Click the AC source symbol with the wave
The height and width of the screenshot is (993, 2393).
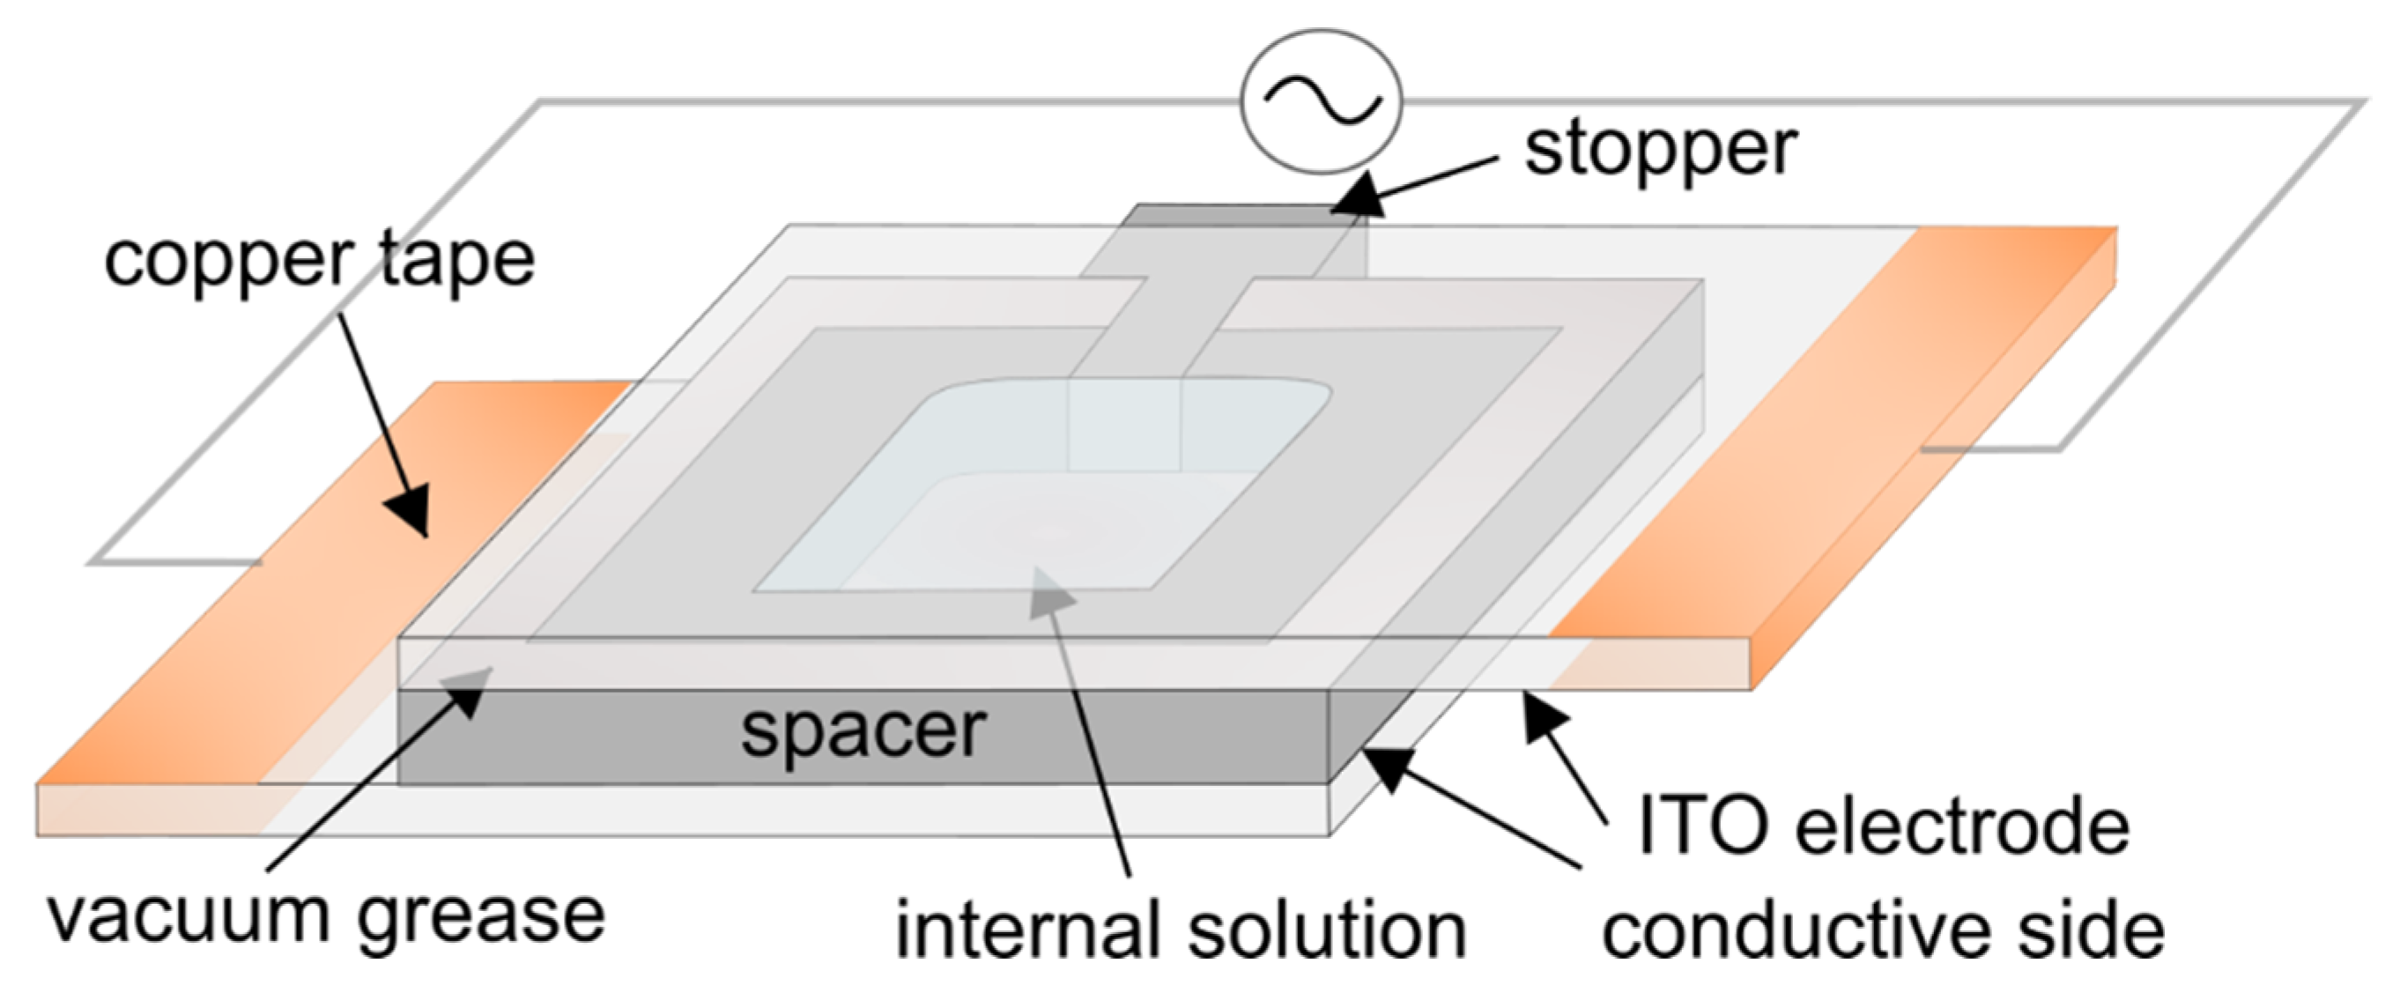pyautogui.click(x=1321, y=101)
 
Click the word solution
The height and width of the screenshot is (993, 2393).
pyautogui.click(x=1328, y=930)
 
